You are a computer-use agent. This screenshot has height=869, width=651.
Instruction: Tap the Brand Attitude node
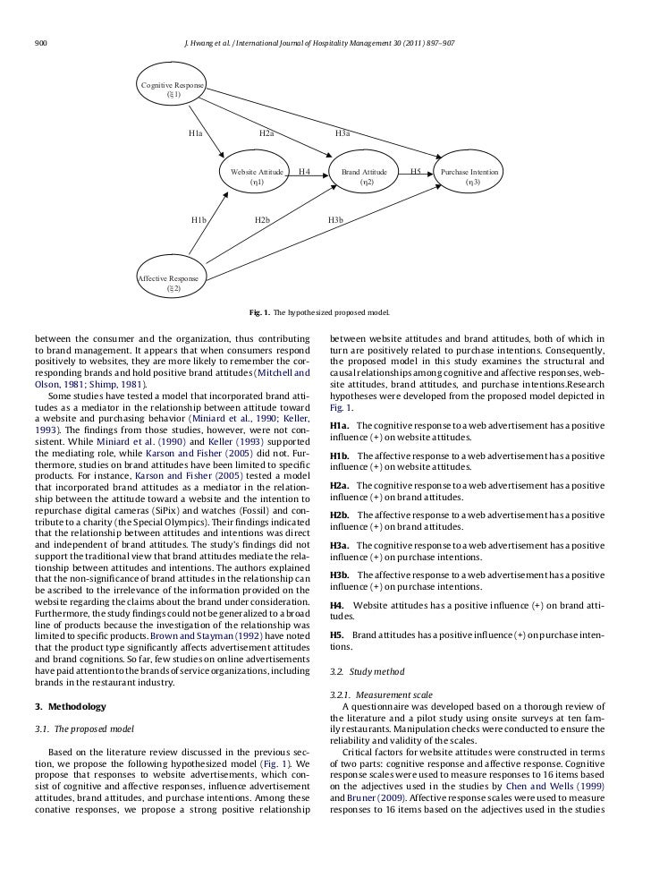[366, 176]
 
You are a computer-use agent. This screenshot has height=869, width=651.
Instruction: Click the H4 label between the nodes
[304, 170]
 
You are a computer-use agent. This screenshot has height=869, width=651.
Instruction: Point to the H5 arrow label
[415, 170]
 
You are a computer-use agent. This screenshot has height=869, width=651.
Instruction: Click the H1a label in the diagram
[196, 133]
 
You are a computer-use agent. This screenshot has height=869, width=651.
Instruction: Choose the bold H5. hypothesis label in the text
[337, 635]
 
